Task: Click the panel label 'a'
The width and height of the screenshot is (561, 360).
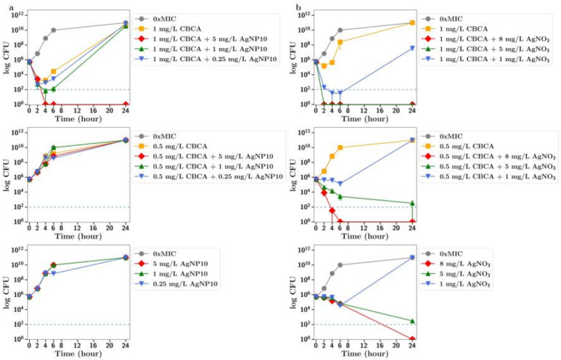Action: (x=4, y=7)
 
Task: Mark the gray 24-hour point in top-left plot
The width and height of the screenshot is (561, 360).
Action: (x=126, y=23)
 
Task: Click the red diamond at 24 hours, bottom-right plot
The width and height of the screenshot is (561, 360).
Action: (x=412, y=339)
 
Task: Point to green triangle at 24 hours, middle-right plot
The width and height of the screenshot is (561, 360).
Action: (x=412, y=203)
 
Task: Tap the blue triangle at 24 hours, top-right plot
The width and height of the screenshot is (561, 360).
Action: (x=412, y=48)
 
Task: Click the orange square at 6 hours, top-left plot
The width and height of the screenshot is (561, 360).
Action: (x=54, y=71)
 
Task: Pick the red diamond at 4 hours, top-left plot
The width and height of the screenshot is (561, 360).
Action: (x=46, y=104)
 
